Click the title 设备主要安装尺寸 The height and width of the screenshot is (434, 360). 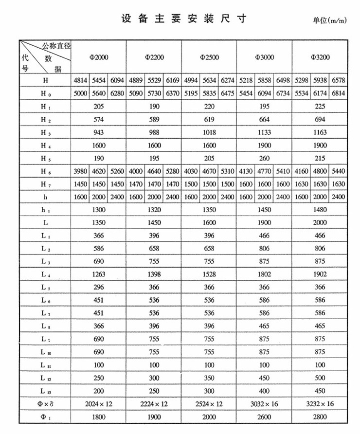pos(184,19)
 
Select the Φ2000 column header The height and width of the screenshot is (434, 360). pos(99,57)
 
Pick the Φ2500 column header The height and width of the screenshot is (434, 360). pos(209,57)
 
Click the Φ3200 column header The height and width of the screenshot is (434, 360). pos(320,57)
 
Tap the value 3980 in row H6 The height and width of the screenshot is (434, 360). pos(80,171)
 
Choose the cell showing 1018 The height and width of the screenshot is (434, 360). pos(209,132)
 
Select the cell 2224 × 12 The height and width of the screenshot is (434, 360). pos(154,403)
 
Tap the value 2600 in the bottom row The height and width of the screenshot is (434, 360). pos(265,416)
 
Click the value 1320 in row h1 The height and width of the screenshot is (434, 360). pos(154,210)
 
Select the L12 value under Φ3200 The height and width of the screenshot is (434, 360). pos(320,378)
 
